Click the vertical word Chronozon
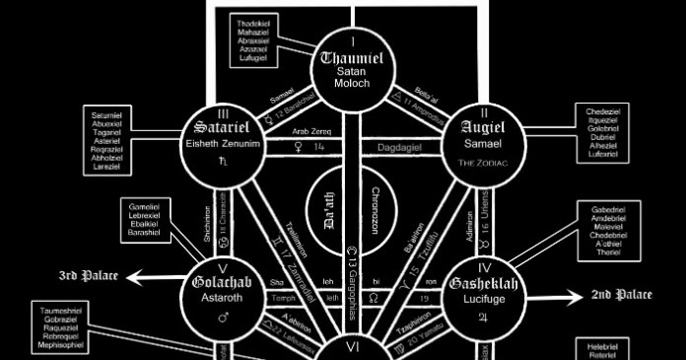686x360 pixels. point(376,210)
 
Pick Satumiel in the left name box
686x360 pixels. point(109,114)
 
